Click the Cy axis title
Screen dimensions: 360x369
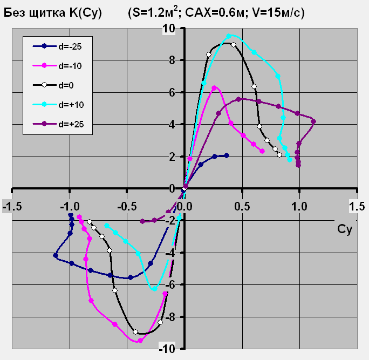[x=345, y=230]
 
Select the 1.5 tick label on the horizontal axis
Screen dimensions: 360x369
[x=357, y=207]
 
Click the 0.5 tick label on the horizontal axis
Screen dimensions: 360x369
[x=242, y=207]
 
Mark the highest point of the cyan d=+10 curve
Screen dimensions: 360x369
[x=229, y=36]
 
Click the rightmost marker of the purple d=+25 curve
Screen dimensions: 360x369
[x=313, y=121]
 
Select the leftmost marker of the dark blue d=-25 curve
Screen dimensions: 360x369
[x=56, y=255]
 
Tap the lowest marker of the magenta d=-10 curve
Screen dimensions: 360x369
[x=140, y=341]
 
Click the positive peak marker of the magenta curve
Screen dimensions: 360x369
[x=215, y=87]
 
